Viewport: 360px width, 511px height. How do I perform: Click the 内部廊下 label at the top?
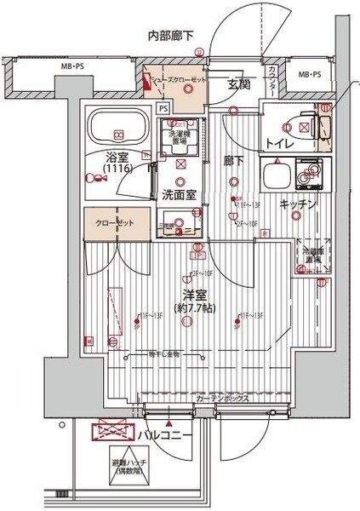coord(171,35)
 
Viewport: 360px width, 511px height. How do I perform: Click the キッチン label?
coord(298,204)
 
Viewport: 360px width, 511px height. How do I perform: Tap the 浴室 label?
coord(117,158)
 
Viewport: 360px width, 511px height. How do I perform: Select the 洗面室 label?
coord(180,194)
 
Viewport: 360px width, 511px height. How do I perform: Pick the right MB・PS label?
coord(309,75)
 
